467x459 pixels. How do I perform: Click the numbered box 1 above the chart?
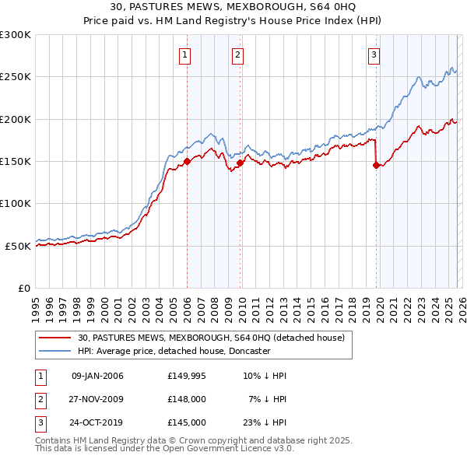(185, 54)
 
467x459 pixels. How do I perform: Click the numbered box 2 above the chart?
(237, 54)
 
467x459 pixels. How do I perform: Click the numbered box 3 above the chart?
(374, 54)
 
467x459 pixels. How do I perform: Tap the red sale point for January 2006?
(188, 162)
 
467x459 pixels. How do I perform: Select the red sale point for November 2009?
(241, 163)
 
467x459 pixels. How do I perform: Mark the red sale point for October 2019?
(377, 165)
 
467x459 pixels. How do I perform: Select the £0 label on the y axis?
(23, 288)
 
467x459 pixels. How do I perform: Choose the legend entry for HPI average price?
(173, 351)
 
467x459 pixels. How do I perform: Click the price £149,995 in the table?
(187, 376)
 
